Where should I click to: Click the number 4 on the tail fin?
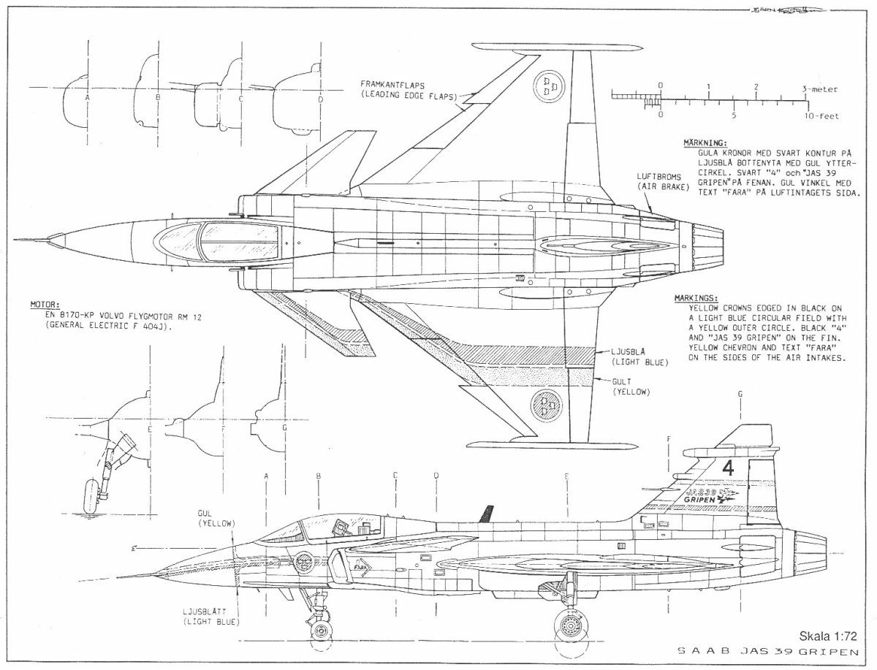pyautogui.click(x=727, y=468)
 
